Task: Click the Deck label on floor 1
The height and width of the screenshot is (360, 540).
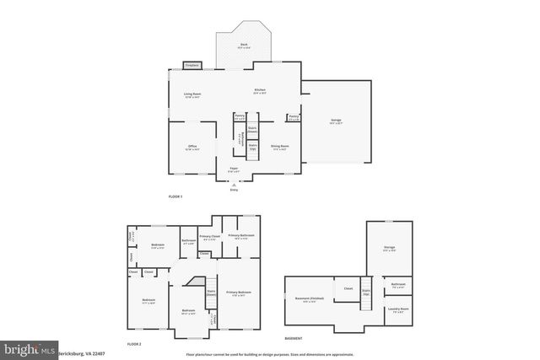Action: pyautogui.click(x=242, y=46)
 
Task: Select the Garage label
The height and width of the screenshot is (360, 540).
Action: pyautogui.click(x=336, y=122)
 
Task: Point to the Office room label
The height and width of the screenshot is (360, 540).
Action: pyautogui.click(x=192, y=147)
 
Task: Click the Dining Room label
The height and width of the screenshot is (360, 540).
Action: pyautogui.click(x=279, y=147)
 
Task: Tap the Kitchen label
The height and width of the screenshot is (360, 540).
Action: pyautogui.click(x=261, y=90)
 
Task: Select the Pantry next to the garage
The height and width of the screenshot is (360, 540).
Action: pyautogui.click(x=293, y=117)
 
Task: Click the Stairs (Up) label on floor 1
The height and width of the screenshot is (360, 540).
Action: pyautogui.click(x=252, y=147)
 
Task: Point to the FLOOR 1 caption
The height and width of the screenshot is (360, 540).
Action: pyautogui.click(x=175, y=196)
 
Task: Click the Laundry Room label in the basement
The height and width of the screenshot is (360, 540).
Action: pyautogui.click(x=398, y=309)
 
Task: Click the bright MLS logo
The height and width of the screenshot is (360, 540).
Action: pyautogui.click(x=29, y=348)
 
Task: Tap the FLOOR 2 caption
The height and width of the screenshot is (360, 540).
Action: pyautogui.click(x=134, y=344)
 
